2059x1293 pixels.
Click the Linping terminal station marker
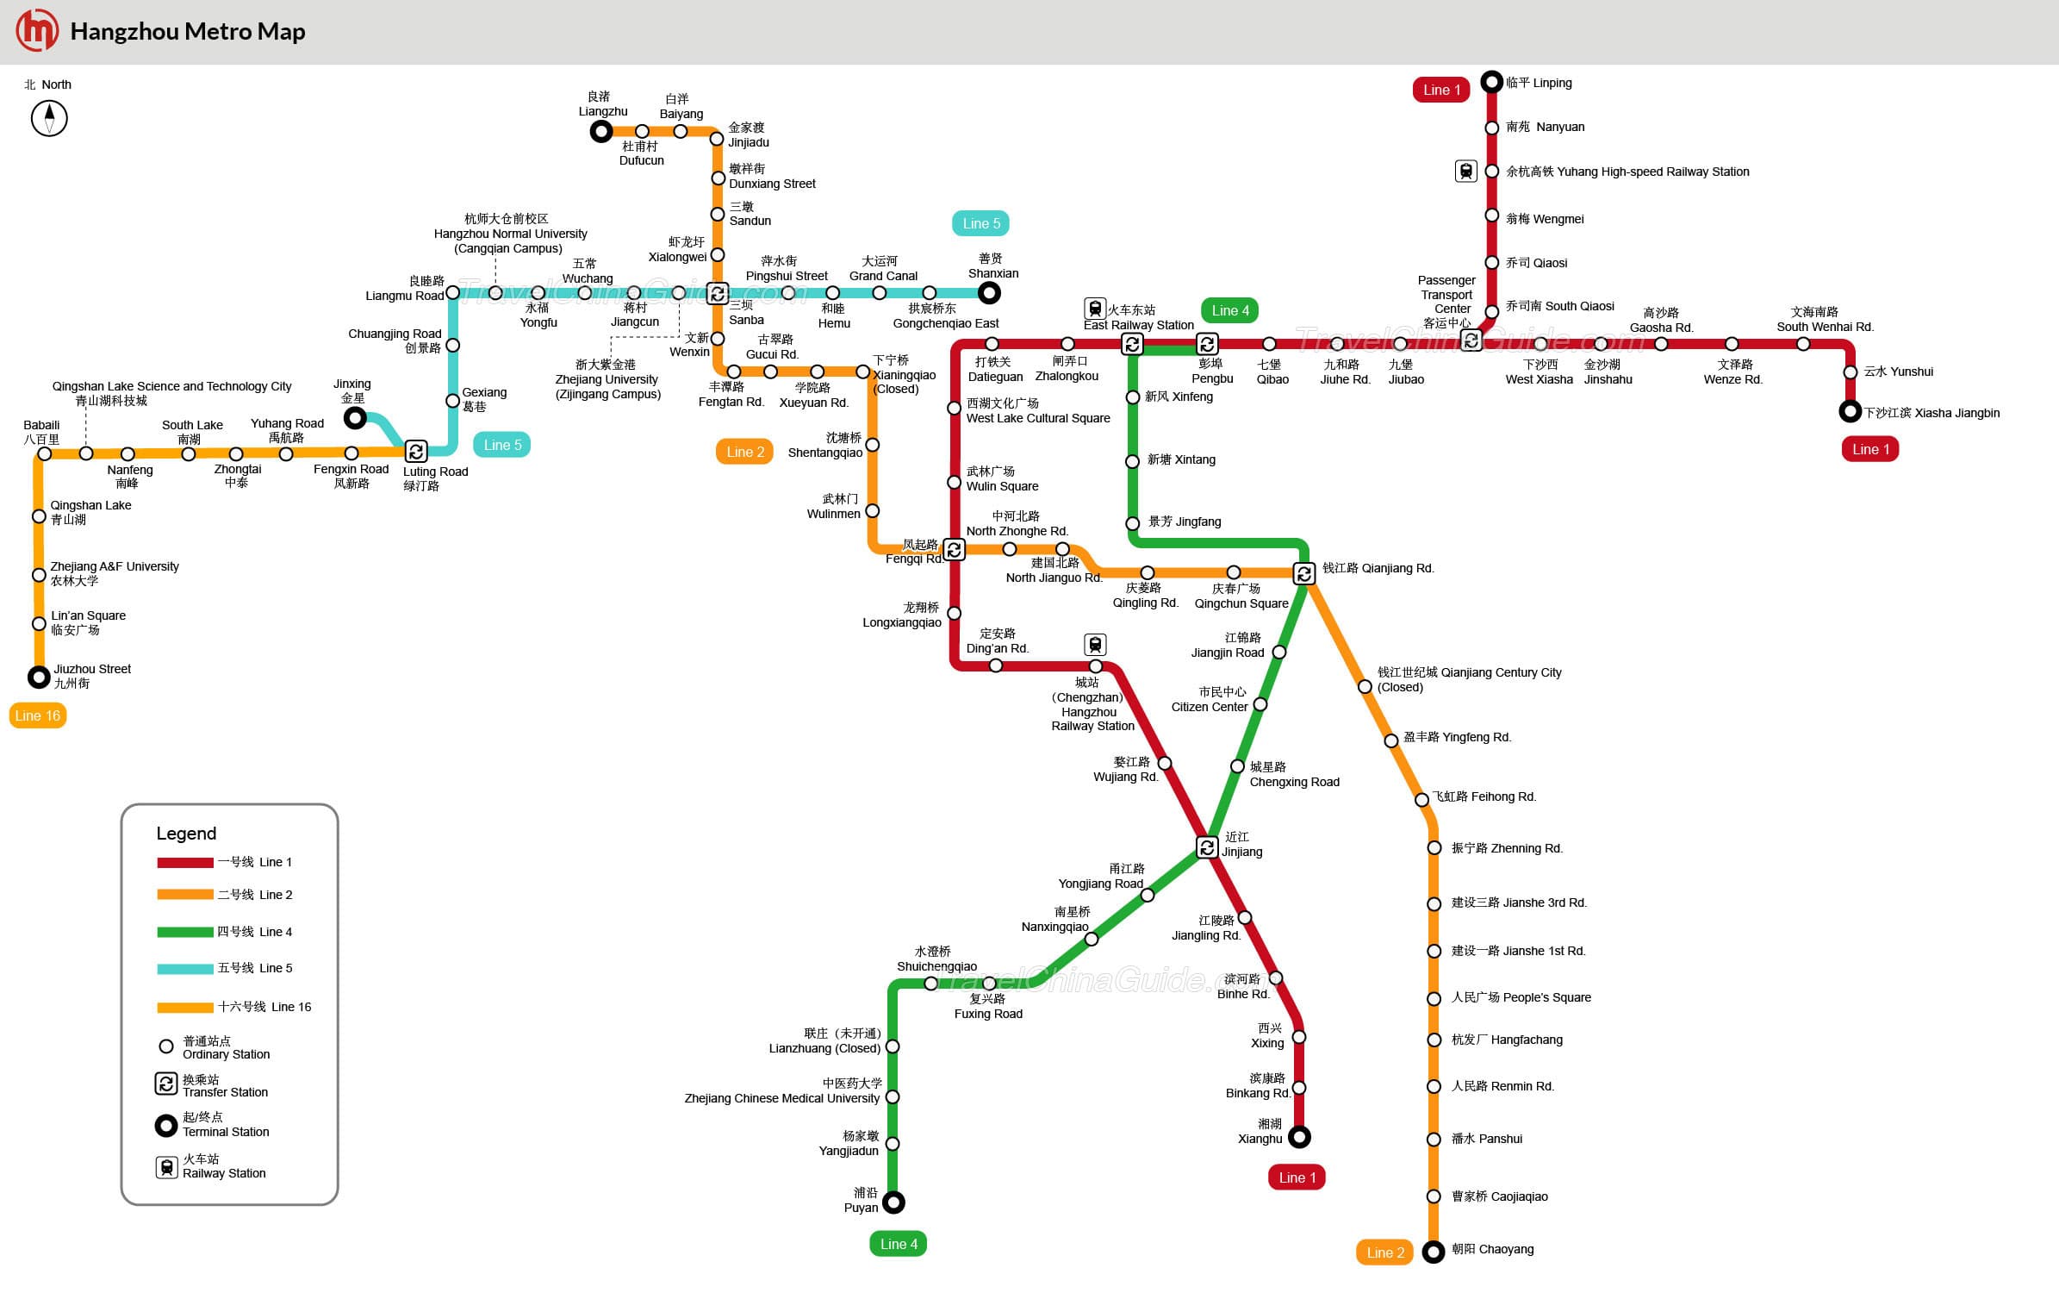(x=1492, y=82)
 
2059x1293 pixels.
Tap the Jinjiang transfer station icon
(x=1207, y=847)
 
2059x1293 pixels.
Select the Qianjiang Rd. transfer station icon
(x=1304, y=573)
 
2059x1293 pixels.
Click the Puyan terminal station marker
(x=894, y=1202)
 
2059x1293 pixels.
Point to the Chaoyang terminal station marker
(x=1434, y=1252)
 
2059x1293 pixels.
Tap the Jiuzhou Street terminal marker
(x=39, y=678)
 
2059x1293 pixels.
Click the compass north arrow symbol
(x=49, y=118)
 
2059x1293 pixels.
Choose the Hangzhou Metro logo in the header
(x=38, y=31)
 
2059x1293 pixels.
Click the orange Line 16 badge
(x=38, y=715)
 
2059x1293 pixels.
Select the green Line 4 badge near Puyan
(x=898, y=1244)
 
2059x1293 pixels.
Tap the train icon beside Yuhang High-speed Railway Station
(x=1466, y=171)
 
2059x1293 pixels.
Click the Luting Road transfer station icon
(x=416, y=451)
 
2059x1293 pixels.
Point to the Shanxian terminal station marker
(x=990, y=293)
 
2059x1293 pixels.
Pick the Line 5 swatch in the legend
(x=185, y=969)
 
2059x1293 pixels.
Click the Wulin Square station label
(x=1002, y=479)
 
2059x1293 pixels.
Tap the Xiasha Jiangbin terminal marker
(x=1850, y=411)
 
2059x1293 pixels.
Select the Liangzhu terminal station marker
(x=601, y=131)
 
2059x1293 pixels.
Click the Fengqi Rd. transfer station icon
(x=954, y=549)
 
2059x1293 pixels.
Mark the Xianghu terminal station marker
(x=1299, y=1137)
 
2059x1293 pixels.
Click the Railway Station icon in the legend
(x=167, y=1167)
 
